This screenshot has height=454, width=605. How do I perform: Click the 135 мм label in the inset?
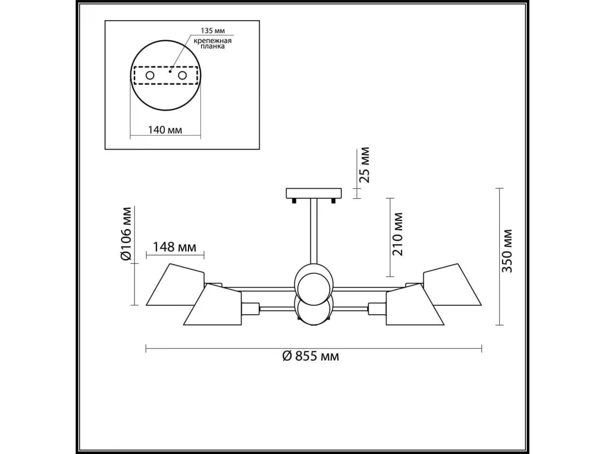[x=213, y=31]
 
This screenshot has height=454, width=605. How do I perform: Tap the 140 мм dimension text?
[x=165, y=130]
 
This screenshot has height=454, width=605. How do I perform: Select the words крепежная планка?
[x=213, y=43]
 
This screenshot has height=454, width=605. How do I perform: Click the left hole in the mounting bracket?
[x=150, y=75]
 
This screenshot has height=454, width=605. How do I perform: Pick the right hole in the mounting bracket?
[x=182, y=75]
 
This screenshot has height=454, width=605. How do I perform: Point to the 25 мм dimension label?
[x=365, y=165]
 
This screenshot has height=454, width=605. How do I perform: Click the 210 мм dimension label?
[x=398, y=234]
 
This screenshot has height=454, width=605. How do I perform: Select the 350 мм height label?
[x=507, y=251]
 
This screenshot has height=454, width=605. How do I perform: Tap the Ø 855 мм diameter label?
[x=311, y=357]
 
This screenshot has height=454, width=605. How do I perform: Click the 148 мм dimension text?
[x=175, y=247]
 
